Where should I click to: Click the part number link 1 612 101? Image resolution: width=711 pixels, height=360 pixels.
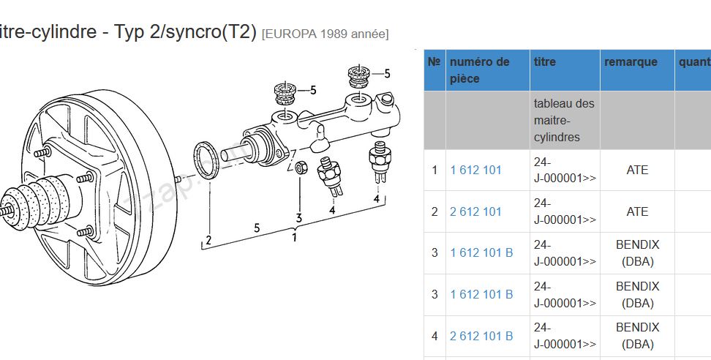point(475,170)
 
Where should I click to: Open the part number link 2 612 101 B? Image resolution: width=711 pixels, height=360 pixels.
point(481,336)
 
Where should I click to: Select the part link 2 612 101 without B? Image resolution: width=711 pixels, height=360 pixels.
point(475,211)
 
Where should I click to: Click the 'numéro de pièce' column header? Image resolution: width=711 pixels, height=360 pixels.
point(479,70)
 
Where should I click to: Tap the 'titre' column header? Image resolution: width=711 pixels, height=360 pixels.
point(545,62)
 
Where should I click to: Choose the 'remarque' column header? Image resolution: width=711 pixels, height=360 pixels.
point(631,62)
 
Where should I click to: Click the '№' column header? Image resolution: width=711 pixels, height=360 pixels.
point(434,62)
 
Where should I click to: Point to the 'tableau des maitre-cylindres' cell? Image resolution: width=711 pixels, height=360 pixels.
point(564,120)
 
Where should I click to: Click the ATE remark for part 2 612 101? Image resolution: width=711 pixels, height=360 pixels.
point(637,211)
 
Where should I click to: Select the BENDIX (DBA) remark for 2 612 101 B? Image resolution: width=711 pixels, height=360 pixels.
point(637,336)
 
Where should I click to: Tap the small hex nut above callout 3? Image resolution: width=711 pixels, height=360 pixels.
point(300,168)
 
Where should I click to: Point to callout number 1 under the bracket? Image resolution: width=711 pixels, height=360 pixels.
point(294,236)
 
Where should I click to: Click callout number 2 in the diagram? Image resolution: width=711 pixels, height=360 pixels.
point(208,240)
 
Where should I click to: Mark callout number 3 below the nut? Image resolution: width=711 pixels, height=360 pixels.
point(298,217)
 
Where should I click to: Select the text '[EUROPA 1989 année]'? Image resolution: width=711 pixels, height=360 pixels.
point(325,34)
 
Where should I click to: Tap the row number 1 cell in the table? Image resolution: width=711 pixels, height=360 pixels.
point(434,170)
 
